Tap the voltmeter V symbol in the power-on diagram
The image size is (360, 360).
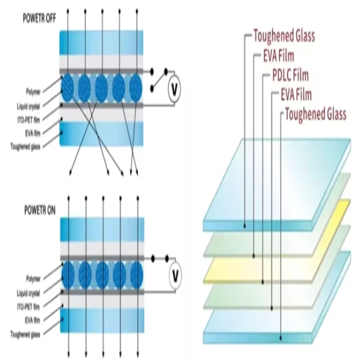175,275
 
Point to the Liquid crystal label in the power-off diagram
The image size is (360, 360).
28,105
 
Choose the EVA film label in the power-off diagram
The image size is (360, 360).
31,133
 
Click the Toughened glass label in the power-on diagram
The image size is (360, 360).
26,335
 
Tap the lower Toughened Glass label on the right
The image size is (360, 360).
316,115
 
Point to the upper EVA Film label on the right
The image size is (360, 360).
286,56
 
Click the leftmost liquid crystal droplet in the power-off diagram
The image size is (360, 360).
67,87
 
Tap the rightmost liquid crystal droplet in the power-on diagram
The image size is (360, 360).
135,274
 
